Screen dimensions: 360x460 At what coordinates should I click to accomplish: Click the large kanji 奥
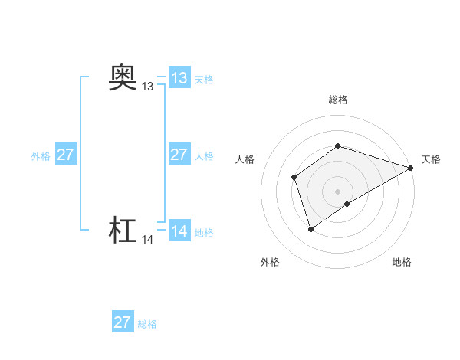tap(123, 77)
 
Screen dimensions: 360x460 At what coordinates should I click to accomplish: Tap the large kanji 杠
tap(123, 230)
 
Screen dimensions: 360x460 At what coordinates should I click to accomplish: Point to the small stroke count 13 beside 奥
tap(147, 87)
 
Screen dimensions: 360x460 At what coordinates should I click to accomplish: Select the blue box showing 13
tap(179, 78)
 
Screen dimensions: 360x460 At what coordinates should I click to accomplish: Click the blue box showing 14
tap(179, 231)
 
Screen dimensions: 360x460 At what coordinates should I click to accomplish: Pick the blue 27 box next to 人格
tap(179, 155)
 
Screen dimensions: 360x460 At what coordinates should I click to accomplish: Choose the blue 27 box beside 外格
tap(65, 155)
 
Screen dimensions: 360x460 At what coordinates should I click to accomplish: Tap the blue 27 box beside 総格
tap(122, 322)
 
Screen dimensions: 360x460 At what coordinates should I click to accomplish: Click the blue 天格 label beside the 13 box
tap(204, 80)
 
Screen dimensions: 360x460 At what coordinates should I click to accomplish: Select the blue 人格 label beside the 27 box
tap(204, 156)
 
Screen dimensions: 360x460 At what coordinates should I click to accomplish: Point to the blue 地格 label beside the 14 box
tap(204, 233)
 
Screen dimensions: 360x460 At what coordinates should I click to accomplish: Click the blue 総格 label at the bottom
tap(147, 324)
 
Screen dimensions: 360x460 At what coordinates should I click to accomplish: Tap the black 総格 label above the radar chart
tap(337, 100)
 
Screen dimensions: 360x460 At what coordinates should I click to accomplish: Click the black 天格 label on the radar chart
tap(431, 159)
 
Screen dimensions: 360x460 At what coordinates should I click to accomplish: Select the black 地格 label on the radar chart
tap(402, 263)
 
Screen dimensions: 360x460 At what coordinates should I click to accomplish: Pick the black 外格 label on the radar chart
tap(270, 263)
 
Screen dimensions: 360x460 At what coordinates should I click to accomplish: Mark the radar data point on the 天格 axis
tap(411, 168)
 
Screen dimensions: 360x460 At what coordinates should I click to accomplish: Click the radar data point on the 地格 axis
tap(347, 204)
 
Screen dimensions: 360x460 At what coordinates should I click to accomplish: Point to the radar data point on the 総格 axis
tap(337, 146)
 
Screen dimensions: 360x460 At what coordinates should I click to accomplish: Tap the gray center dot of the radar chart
tap(337, 191)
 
